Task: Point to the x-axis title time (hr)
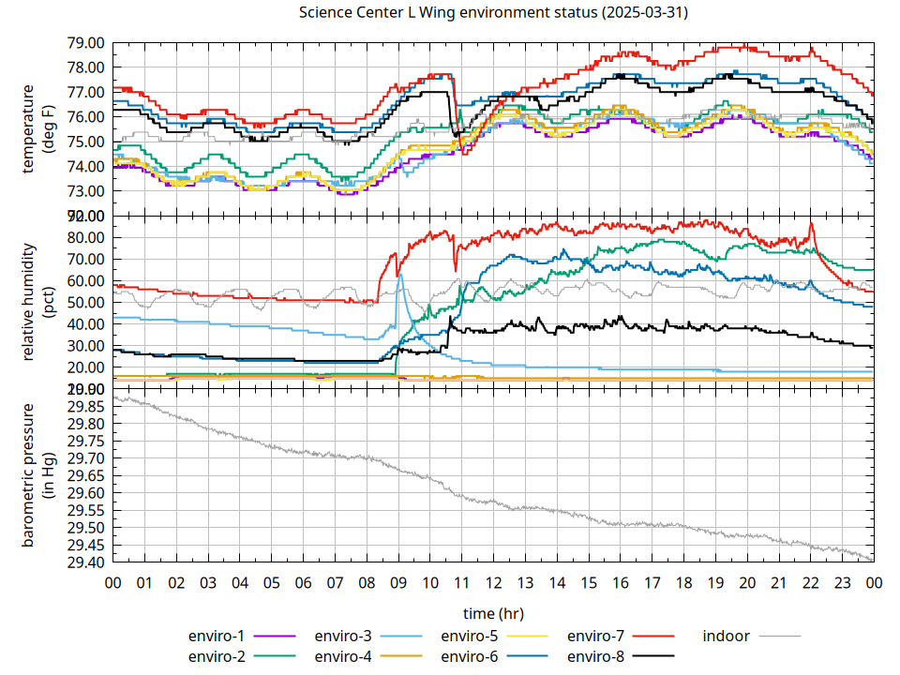pyautogui.click(x=493, y=613)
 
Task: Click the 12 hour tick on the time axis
pyautogui.click(x=493, y=582)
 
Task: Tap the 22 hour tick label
pyautogui.click(x=810, y=582)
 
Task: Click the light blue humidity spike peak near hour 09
pyautogui.click(x=400, y=275)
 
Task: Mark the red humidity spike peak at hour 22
pyautogui.click(x=812, y=223)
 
